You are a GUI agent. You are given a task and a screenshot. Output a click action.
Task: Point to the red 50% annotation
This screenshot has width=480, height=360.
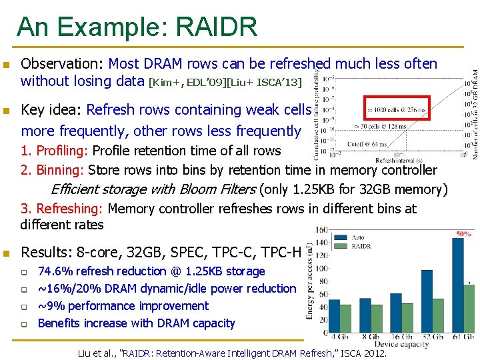tap(463, 234)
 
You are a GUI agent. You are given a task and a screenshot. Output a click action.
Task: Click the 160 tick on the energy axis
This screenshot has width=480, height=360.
tap(321, 231)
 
